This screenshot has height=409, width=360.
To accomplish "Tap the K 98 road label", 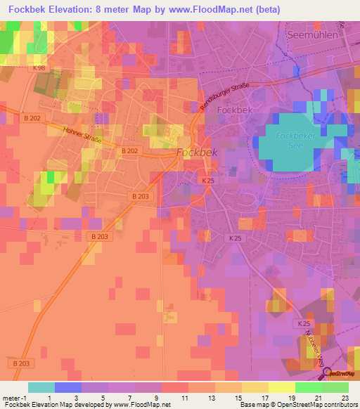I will coord(39,68).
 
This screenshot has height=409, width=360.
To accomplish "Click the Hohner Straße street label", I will coord(82,134).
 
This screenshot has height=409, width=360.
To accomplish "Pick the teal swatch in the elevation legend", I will coord(41,387).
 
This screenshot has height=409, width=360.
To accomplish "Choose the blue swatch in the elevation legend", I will coord(67,387).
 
